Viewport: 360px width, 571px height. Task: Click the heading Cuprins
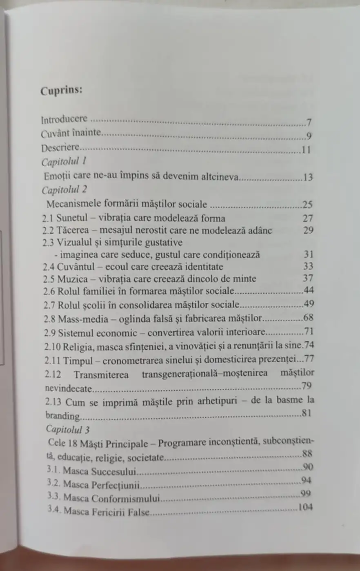[x=62, y=90]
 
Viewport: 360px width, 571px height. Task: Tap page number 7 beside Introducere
[x=309, y=122]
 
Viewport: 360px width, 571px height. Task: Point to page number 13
[x=308, y=177]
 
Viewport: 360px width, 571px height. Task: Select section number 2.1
[x=48, y=218]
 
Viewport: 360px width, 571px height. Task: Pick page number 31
[x=309, y=254]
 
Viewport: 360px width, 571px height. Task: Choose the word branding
[x=62, y=416]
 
